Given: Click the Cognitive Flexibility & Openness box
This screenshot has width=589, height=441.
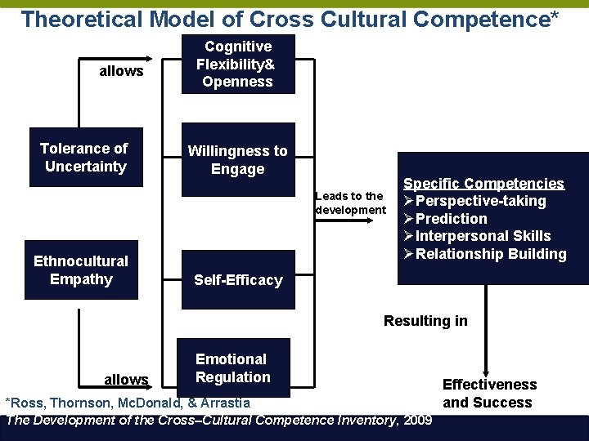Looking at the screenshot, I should pos(237,65).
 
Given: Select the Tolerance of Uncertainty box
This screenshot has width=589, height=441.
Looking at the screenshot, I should pos(85,158).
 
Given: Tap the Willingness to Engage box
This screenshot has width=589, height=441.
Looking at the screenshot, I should pos(237,160).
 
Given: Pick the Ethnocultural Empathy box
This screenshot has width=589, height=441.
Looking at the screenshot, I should pos(81,270).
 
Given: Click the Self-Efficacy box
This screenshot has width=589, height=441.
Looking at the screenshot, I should pos(237,280).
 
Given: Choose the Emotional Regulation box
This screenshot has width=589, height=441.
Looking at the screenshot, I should pos(232,368).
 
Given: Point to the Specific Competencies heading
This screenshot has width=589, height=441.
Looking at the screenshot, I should pos(483,184).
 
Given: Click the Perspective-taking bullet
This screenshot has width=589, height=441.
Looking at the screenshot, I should pos(480,201).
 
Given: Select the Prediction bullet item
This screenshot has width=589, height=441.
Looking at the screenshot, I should pos(451,219).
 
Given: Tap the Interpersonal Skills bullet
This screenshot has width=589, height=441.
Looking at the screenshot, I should pos(483,236).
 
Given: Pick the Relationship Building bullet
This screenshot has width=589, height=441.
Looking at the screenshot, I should pos(491,254).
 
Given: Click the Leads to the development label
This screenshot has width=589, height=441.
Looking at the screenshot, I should pos(350,203).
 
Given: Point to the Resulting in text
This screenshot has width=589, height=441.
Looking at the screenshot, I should pos(425,321).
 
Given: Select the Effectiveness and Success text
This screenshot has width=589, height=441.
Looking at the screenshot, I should pos(489,394).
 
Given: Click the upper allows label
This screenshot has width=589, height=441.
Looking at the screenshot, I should pos(121,71).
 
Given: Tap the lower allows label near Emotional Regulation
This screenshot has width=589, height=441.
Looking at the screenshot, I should pos(126,379).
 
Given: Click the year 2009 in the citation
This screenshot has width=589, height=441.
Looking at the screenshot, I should pos(418,421).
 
